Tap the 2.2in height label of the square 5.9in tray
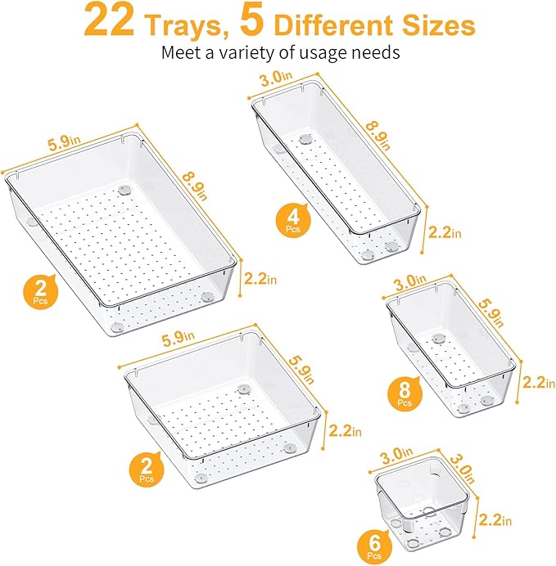346,430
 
